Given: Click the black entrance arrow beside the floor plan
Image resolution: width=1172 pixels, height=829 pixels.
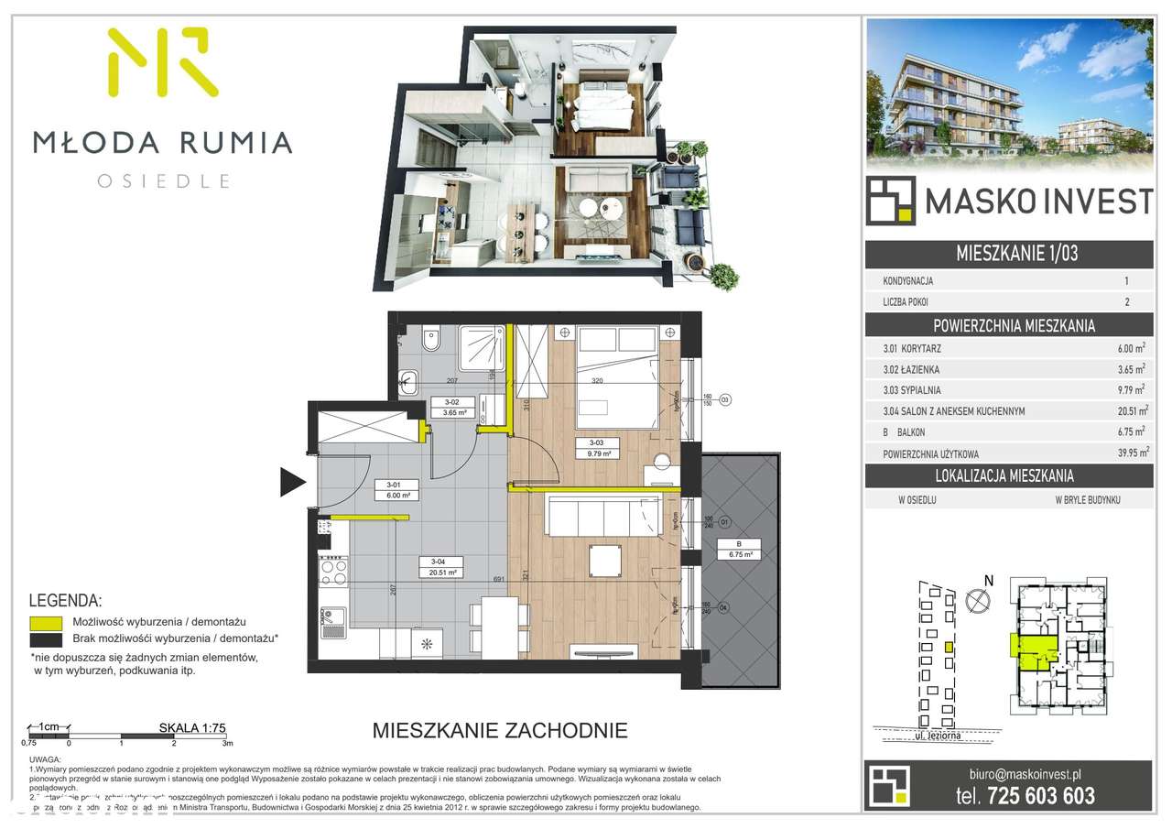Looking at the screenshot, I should click(x=292, y=481).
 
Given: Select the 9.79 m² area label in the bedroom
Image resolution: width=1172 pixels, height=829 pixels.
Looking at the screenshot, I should click(x=599, y=453).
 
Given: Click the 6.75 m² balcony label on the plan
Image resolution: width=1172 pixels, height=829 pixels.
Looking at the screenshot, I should click(x=741, y=554).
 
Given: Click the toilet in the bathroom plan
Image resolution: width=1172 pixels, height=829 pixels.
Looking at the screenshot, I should click(x=432, y=343).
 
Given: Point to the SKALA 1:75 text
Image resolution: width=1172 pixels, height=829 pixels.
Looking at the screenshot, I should click(x=192, y=728).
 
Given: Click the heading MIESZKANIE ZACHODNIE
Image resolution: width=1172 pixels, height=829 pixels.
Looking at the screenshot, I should click(x=500, y=730).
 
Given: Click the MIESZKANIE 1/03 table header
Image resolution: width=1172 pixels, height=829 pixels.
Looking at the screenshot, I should click(x=1009, y=254).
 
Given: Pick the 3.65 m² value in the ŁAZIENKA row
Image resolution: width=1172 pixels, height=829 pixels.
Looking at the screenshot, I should click(x=1129, y=369).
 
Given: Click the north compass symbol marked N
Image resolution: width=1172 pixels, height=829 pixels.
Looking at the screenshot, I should click(x=979, y=600).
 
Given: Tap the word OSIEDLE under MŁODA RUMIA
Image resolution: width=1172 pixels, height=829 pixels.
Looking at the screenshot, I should click(x=163, y=180).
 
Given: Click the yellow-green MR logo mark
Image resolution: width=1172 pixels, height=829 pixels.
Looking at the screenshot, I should click(x=163, y=62).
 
